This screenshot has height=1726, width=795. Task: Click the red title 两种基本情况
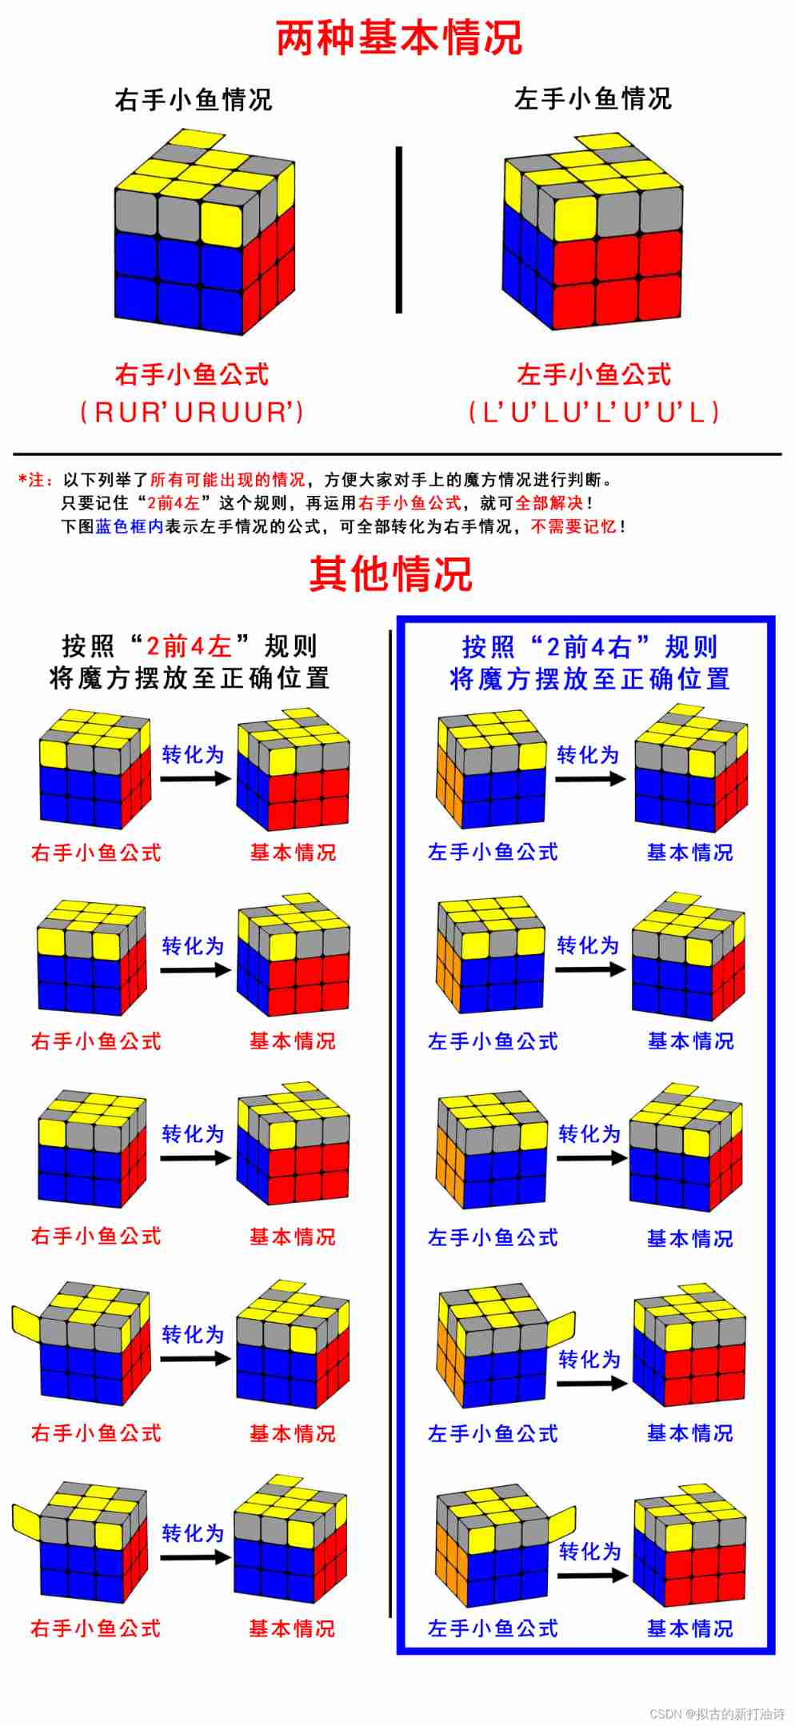point(398,38)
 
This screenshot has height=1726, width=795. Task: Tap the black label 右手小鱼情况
point(194,100)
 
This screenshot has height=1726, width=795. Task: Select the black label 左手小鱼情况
point(593,99)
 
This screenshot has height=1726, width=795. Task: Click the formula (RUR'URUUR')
point(192,412)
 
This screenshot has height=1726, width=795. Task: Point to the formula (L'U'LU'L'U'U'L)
point(593,412)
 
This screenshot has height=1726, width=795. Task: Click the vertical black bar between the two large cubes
point(398,230)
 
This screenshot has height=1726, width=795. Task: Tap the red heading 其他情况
point(390,573)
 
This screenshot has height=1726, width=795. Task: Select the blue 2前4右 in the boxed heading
point(589,646)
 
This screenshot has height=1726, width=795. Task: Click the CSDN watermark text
point(717,1713)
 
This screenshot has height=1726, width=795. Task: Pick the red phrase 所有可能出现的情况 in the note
point(228,480)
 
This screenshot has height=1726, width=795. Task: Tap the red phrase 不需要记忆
point(573,526)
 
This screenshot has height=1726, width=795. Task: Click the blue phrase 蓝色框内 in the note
point(130,526)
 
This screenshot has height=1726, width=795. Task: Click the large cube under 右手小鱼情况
point(205,232)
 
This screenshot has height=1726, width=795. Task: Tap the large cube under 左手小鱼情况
point(592,232)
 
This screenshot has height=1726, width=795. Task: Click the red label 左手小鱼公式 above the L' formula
point(593,374)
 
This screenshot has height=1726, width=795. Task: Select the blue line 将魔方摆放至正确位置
point(589,679)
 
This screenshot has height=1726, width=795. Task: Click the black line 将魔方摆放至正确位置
point(190,678)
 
